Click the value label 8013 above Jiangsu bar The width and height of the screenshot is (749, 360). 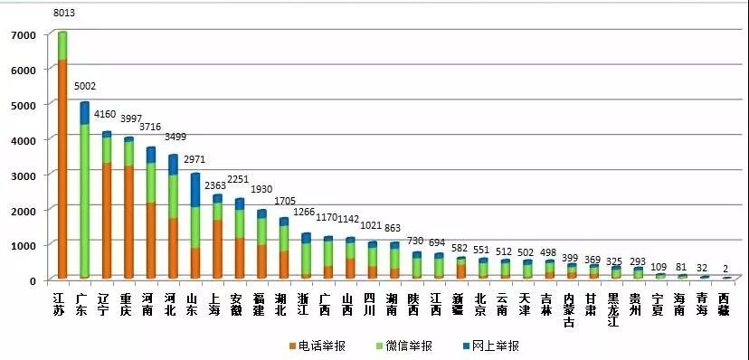tap(64, 14)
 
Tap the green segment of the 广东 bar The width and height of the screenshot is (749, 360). tap(84, 199)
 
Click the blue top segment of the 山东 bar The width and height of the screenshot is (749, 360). tap(194, 190)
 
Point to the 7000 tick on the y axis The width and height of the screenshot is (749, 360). tap(24, 34)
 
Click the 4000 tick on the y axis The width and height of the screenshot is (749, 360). tap(24, 139)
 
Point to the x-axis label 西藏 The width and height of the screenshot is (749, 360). tap(725, 304)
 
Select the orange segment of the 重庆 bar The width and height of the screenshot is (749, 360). tap(128, 222)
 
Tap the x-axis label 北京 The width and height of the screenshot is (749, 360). tap(481, 304)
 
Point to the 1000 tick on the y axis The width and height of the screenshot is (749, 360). tap(24, 245)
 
